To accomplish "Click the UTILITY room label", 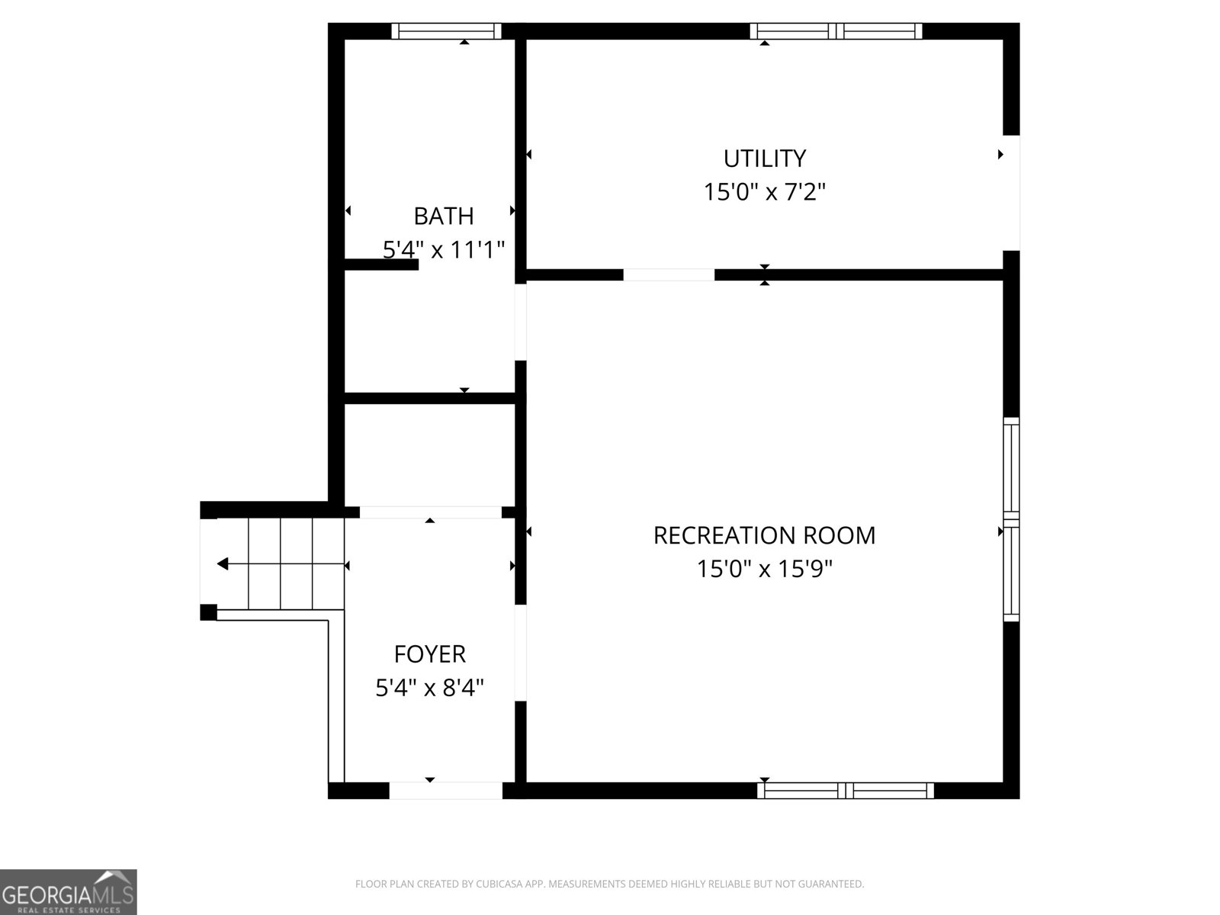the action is click(x=764, y=159).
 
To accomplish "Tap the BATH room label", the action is click(x=444, y=216).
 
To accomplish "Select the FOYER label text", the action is click(x=429, y=654).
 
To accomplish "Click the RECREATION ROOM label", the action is click(x=764, y=535).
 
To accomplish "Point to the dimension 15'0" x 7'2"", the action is click(x=764, y=192).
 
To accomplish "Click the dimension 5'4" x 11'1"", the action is click(x=444, y=250).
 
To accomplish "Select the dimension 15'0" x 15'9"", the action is click(x=764, y=569).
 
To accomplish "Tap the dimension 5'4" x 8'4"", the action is click(x=429, y=688).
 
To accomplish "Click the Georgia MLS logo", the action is click(x=69, y=892).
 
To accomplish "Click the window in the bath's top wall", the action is click(x=446, y=31).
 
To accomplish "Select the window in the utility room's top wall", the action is click(x=836, y=31).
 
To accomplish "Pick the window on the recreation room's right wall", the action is click(x=1011, y=519).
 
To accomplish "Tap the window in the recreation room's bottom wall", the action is click(x=846, y=791).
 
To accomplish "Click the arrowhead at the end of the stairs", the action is click(x=223, y=564).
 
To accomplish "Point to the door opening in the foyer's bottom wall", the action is click(x=446, y=791).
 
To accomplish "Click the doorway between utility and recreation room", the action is click(x=669, y=274).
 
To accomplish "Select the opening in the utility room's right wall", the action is click(x=1012, y=193).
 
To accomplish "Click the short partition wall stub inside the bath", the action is click(x=381, y=265).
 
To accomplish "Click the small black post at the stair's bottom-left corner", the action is click(x=208, y=612).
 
